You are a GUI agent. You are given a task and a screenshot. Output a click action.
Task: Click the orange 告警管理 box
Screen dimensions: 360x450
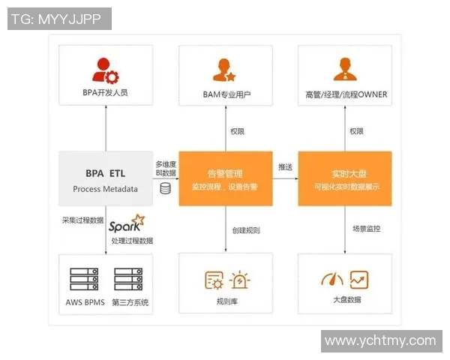(225, 178)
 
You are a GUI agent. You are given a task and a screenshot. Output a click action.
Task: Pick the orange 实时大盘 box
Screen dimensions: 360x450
(345, 178)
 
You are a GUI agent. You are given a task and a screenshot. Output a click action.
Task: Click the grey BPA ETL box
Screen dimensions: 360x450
(105, 178)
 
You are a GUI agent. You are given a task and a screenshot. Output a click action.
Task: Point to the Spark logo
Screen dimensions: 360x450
(126, 223)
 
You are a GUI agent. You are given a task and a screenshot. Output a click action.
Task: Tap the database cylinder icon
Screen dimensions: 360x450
(165, 188)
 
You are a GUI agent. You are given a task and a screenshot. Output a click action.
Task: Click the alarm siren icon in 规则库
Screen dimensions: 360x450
(240, 280)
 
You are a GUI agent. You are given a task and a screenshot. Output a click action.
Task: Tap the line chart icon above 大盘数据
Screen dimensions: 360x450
(359, 280)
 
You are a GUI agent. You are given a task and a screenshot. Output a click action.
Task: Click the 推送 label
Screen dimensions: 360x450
(286, 166)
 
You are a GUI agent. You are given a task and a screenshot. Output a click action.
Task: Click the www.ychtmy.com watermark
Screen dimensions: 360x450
(380, 340)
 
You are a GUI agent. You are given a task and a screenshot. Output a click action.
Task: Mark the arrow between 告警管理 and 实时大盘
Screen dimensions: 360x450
(284, 178)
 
